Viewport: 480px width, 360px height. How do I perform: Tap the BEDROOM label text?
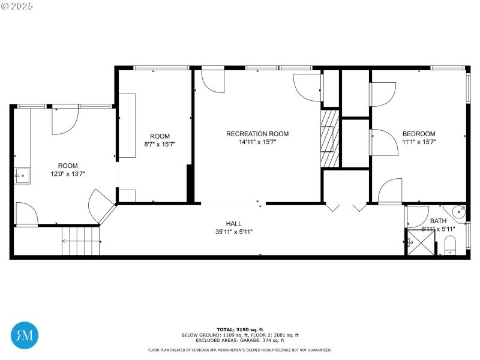click(419, 134)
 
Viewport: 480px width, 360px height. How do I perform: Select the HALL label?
click(233, 223)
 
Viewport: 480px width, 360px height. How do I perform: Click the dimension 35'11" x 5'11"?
click(233, 232)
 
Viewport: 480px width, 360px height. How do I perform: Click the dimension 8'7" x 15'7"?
click(160, 145)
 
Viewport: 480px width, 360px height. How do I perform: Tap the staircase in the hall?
click(79, 241)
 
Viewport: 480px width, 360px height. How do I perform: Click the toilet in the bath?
click(451, 244)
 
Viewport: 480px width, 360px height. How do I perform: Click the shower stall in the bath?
click(421, 242)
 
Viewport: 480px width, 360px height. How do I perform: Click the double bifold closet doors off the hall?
click(346, 208)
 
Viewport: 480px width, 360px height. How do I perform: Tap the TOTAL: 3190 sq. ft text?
click(239, 330)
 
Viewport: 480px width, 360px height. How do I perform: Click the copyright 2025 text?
click(17, 5)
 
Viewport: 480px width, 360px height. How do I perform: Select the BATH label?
click(438, 221)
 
